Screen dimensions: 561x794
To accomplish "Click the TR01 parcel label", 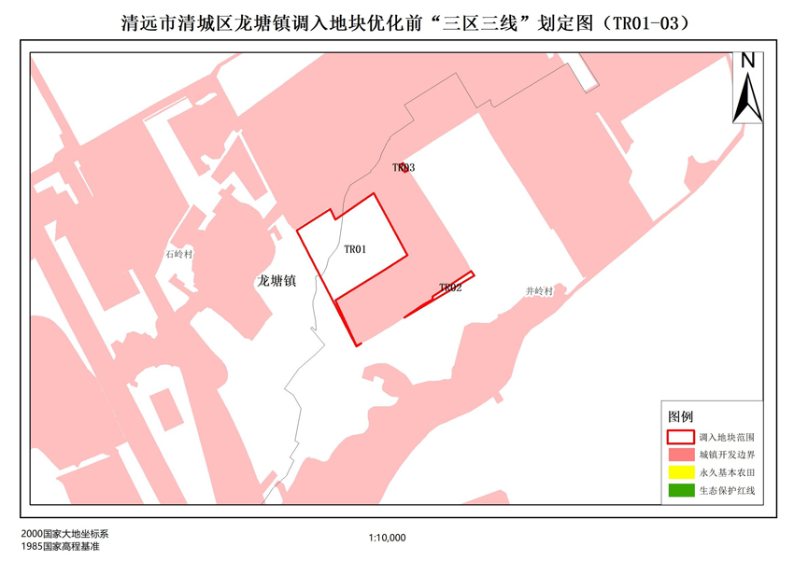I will [355, 249].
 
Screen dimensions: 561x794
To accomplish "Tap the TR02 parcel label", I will [450, 288].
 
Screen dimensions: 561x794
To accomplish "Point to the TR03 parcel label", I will [404, 168].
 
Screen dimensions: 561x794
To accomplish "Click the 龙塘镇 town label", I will [276, 280].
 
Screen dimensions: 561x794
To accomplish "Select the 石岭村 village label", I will [177, 254].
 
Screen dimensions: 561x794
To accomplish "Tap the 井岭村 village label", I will [539, 291].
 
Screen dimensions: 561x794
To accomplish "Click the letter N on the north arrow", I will [748, 62].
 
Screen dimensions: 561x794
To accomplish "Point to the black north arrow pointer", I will [747, 99].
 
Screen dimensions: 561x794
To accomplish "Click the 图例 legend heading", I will [680, 415].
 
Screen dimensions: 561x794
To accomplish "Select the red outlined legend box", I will [680, 436].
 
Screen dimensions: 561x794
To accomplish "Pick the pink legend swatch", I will [680, 455].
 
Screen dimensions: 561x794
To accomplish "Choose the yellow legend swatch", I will [680, 472].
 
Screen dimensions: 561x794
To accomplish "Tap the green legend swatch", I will [680, 490].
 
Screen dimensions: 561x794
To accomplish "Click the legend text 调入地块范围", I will [726, 437].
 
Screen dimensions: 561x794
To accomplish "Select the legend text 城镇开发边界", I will [726, 455].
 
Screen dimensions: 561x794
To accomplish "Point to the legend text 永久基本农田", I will [726, 472].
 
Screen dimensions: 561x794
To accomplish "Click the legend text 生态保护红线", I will [726, 490].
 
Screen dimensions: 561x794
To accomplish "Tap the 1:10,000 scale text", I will [387, 538].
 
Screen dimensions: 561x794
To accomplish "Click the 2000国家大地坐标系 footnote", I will [64, 533].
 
